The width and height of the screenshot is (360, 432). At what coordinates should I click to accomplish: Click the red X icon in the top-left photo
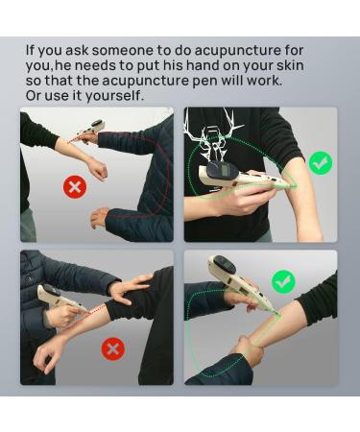click(x=75, y=186)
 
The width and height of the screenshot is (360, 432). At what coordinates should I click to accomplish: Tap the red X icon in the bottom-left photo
click(x=113, y=348)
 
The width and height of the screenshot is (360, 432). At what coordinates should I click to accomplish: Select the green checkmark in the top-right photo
click(x=321, y=163)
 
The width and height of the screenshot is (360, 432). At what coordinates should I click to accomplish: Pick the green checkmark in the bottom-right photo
click(x=283, y=281)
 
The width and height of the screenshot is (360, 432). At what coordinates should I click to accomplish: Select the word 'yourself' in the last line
click(x=113, y=96)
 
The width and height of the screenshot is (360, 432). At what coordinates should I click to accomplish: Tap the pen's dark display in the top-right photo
click(x=217, y=170)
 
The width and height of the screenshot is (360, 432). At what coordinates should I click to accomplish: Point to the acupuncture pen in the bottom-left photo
click(x=61, y=299)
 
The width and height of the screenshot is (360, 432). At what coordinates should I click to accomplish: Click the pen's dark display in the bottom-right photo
click(x=225, y=265)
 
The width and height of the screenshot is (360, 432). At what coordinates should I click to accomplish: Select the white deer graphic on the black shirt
click(x=215, y=137)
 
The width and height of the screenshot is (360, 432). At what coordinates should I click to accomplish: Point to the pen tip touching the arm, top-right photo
click(x=293, y=185)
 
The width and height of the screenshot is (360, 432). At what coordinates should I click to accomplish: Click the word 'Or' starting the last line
click(x=33, y=96)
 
